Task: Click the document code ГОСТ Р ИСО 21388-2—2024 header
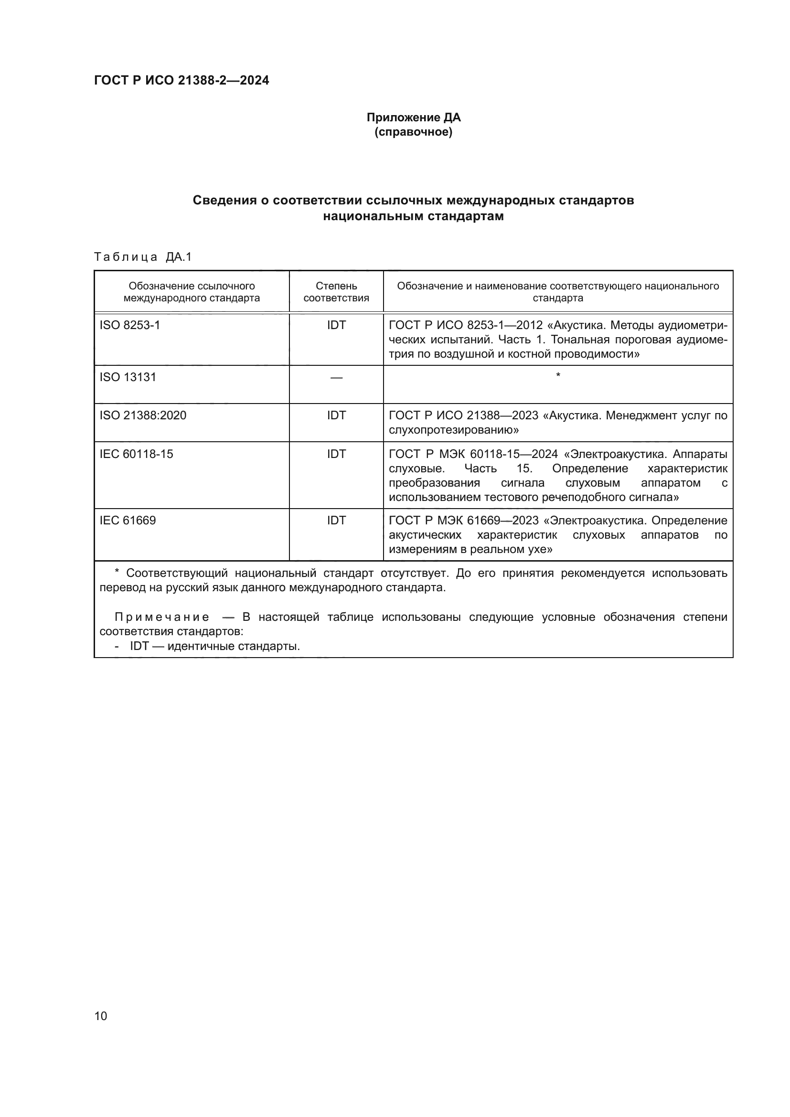click(x=181, y=80)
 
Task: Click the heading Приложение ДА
click(x=414, y=117)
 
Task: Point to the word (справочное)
click(x=414, y=132)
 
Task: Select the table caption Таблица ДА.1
click(x=143, y=257)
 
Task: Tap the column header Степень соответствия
click(x=336, y=292)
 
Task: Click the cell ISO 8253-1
click(x=130, y=325)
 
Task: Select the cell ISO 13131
click(x=128, y=377)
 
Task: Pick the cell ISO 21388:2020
click(x=143, y=415)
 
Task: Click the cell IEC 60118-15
click(x=136, y=454)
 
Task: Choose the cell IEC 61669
click(x=128, y=521)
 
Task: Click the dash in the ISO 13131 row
click(x=336, y=378)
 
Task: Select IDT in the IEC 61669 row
click(x=336, y=521)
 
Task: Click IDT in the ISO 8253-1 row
click(x=336, y=325)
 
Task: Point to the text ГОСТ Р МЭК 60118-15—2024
click(x=473, y=454)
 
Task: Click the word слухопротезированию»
click(x=453, y=430)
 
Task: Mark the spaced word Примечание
click(x=162, y=617)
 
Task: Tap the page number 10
click(x=101, y=1016)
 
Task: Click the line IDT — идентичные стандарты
click(x=214, y=647)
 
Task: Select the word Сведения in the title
click(x=225, y=201)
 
